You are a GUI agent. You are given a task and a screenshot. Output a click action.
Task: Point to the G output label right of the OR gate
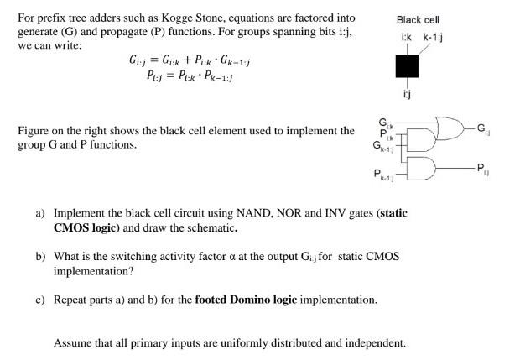(481, 128)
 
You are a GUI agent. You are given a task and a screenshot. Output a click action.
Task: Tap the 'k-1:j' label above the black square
(432, 38)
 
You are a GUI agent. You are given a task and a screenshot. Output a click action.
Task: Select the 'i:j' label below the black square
(407, 94)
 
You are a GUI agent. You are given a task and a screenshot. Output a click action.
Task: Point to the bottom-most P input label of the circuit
(382, 175)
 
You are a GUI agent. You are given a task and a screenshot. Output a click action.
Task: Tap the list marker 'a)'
(40, 213)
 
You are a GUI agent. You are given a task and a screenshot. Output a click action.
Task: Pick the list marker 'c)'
(40, 300)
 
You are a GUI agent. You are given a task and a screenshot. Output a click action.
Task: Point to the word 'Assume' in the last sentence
(72, 343)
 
